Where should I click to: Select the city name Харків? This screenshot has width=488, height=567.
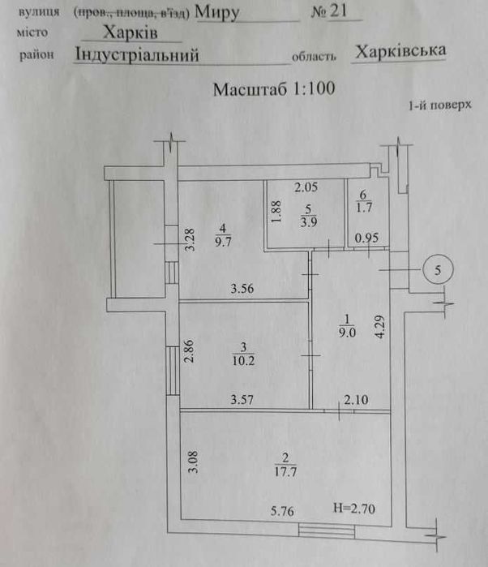131,32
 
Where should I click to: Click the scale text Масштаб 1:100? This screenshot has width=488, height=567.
273,88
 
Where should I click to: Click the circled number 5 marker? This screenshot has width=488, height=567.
438,270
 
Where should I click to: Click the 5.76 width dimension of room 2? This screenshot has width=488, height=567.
285,511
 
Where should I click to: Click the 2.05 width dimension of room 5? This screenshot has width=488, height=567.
307,188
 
